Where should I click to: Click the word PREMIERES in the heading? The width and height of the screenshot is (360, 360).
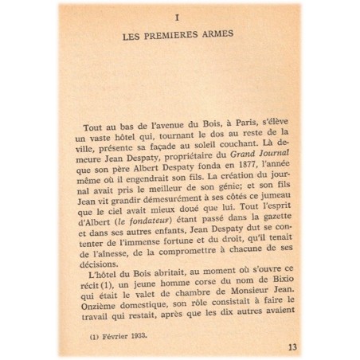(x=184, y=37)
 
